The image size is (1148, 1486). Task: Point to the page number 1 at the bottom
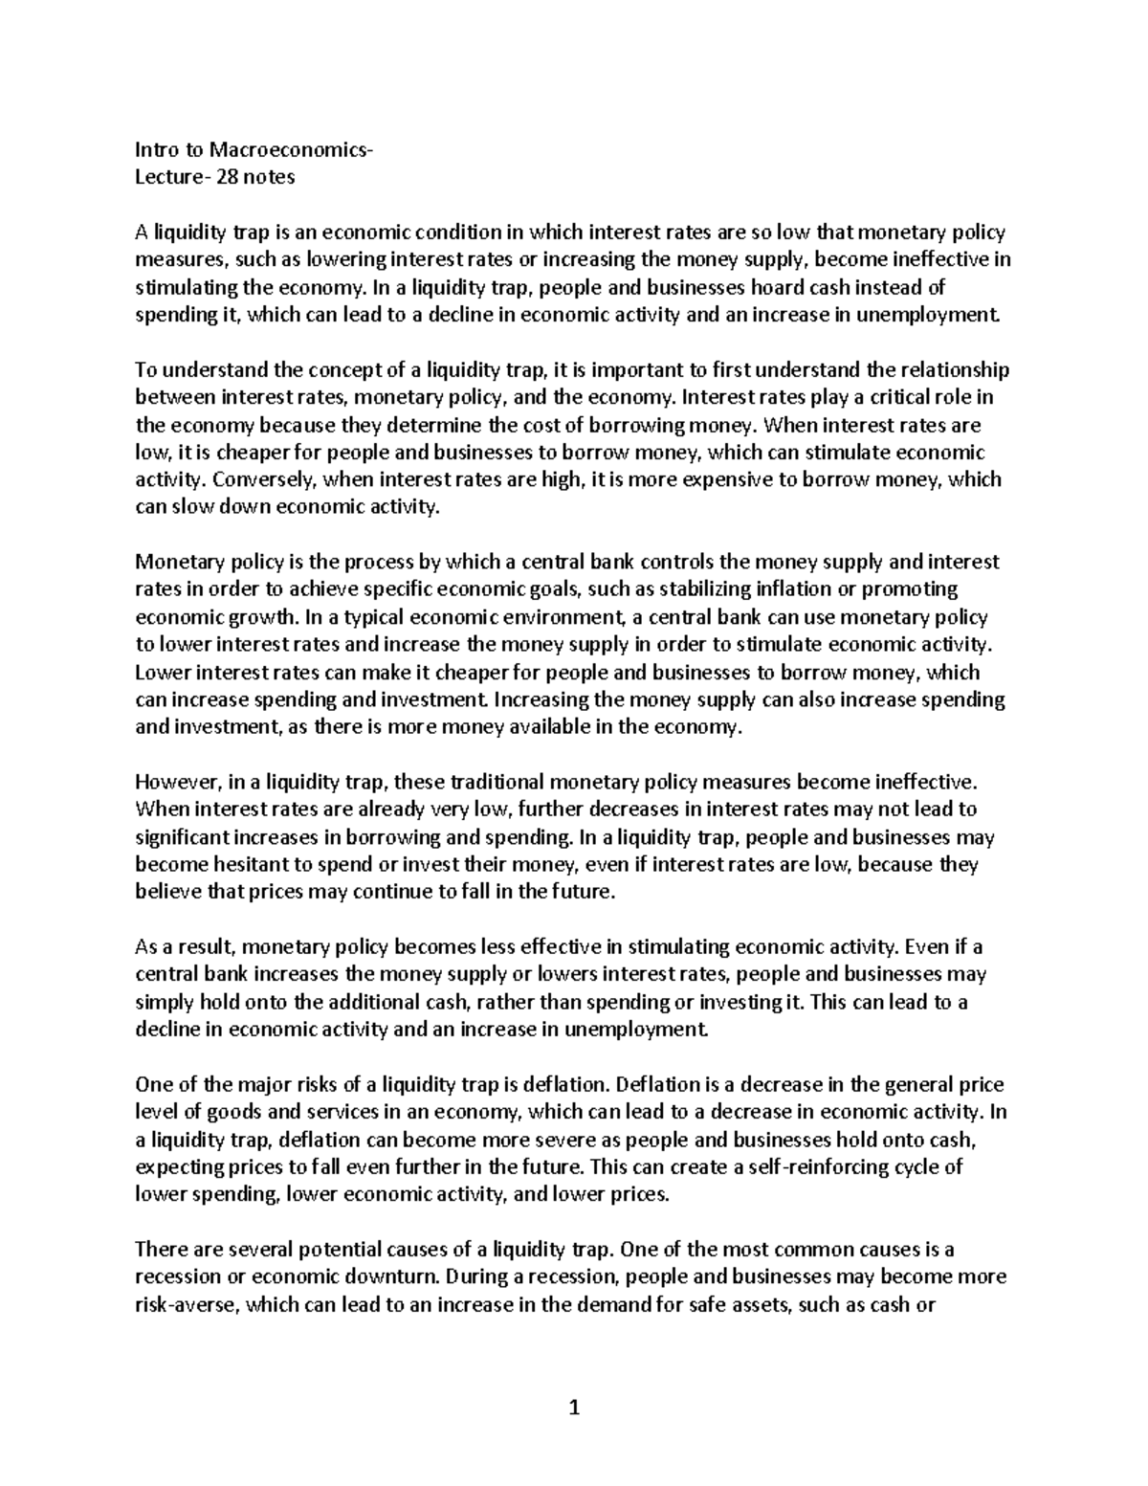point(574,1408)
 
